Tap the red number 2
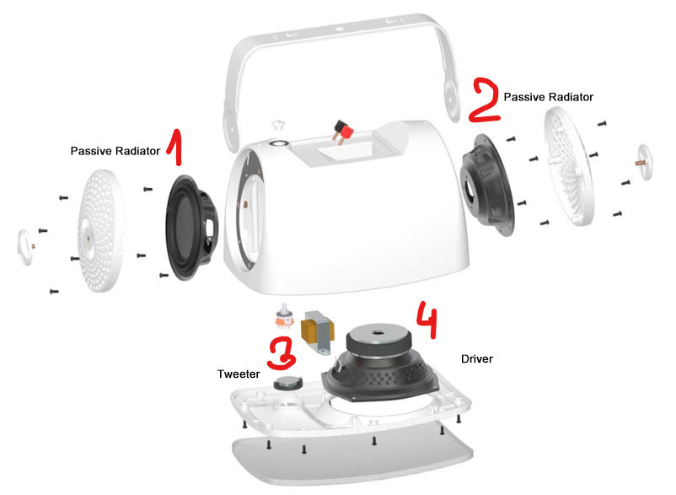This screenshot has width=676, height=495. (x=485, y=100)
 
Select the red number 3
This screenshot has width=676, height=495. (x=281, y=353)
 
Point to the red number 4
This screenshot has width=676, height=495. (x=427, y=319)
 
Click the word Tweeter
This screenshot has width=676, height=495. (x=239, y=374)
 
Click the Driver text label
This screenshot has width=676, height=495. (x=477, y=358)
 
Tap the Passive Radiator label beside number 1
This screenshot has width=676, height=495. (x=115, y=151)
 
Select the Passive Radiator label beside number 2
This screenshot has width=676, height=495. (x=549, y=97)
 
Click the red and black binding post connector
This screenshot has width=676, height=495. (x=343, y=132)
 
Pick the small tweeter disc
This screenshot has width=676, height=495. (x=288, y=382)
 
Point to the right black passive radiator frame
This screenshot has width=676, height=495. (x=487, y=185)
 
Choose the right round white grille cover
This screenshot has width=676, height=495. (x=569, y=166)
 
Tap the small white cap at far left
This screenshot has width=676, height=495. (x=25, y=247)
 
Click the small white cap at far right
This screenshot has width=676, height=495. (x=645, y=162)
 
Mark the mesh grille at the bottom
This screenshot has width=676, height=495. (x=352, y=457)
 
